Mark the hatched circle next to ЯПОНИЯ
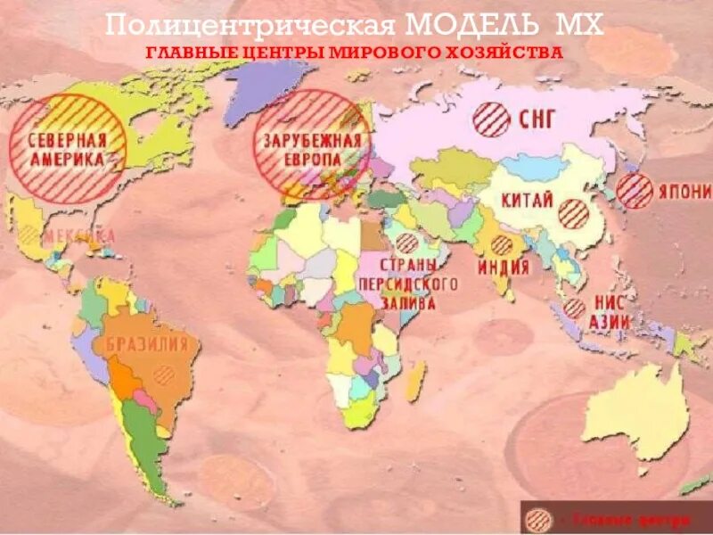click(635, 190)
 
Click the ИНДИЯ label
click(504, 267)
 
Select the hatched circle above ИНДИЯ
click(502, 245)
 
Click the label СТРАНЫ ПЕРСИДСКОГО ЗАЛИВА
click(408, 284)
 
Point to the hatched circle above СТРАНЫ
click(406, 243)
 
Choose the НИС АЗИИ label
click(611, 312)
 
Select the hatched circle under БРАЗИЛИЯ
click(163, 374)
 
